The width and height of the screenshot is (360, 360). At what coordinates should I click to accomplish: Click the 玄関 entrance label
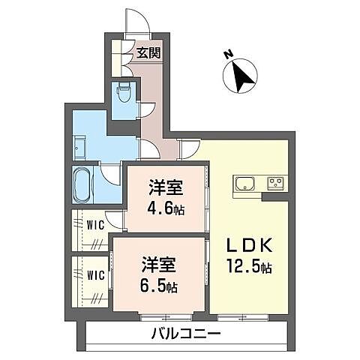[148, 53]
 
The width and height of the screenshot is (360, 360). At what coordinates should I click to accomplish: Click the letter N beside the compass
[229, 54]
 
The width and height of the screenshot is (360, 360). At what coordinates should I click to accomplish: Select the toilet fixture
[124, 94]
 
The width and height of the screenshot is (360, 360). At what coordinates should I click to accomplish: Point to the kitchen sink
[246, 184]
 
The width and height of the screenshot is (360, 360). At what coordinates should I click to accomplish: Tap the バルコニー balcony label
[186, 334]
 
